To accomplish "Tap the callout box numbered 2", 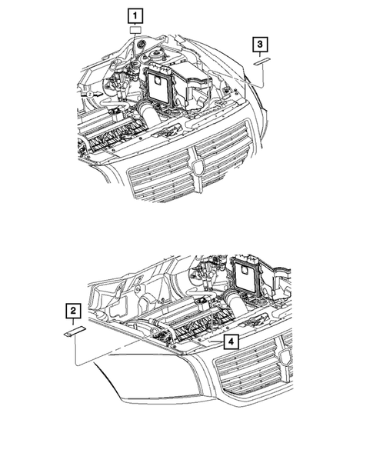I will (x=72, y=311).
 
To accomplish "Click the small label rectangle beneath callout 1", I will (x=135, y=31).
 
